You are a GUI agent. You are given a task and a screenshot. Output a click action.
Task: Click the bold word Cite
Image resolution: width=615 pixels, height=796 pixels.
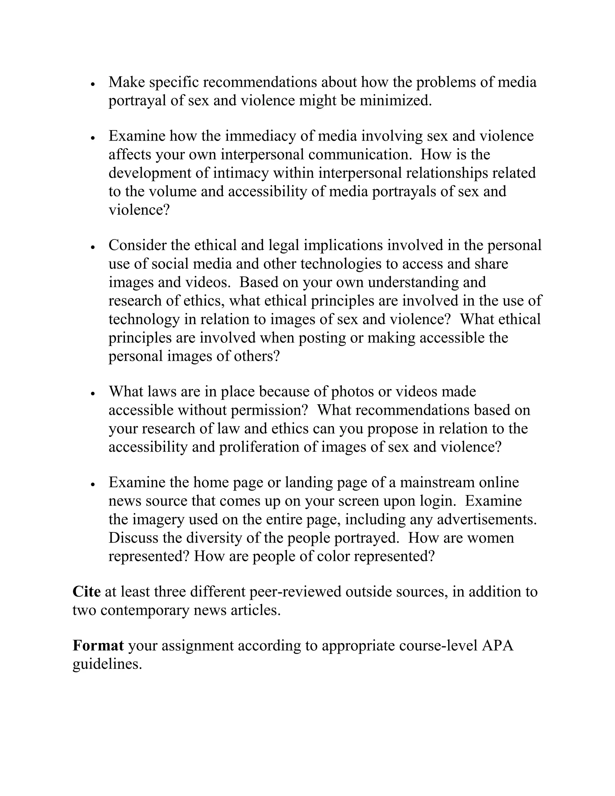86,591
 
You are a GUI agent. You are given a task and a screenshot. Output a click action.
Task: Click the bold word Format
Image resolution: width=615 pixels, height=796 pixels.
98,645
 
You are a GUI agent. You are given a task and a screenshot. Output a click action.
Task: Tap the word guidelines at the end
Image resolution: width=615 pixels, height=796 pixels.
107,664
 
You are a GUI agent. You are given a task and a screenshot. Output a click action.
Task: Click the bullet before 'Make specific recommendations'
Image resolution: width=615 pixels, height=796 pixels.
93,84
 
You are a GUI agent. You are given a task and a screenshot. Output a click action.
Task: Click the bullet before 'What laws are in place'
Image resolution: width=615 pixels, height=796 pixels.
93,393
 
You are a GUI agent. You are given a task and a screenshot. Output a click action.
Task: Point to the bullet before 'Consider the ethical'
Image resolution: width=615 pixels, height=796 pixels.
93,247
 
